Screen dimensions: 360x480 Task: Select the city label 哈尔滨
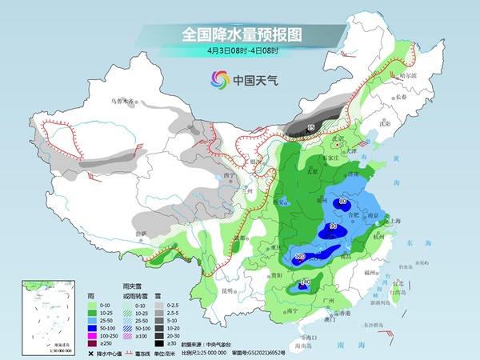pyautogui.click(x=408, y=75)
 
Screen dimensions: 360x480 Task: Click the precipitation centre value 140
pyautogui.click(x=304, y=282)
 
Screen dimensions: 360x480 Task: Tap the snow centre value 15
pyautogui.click(x=312, y=126)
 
